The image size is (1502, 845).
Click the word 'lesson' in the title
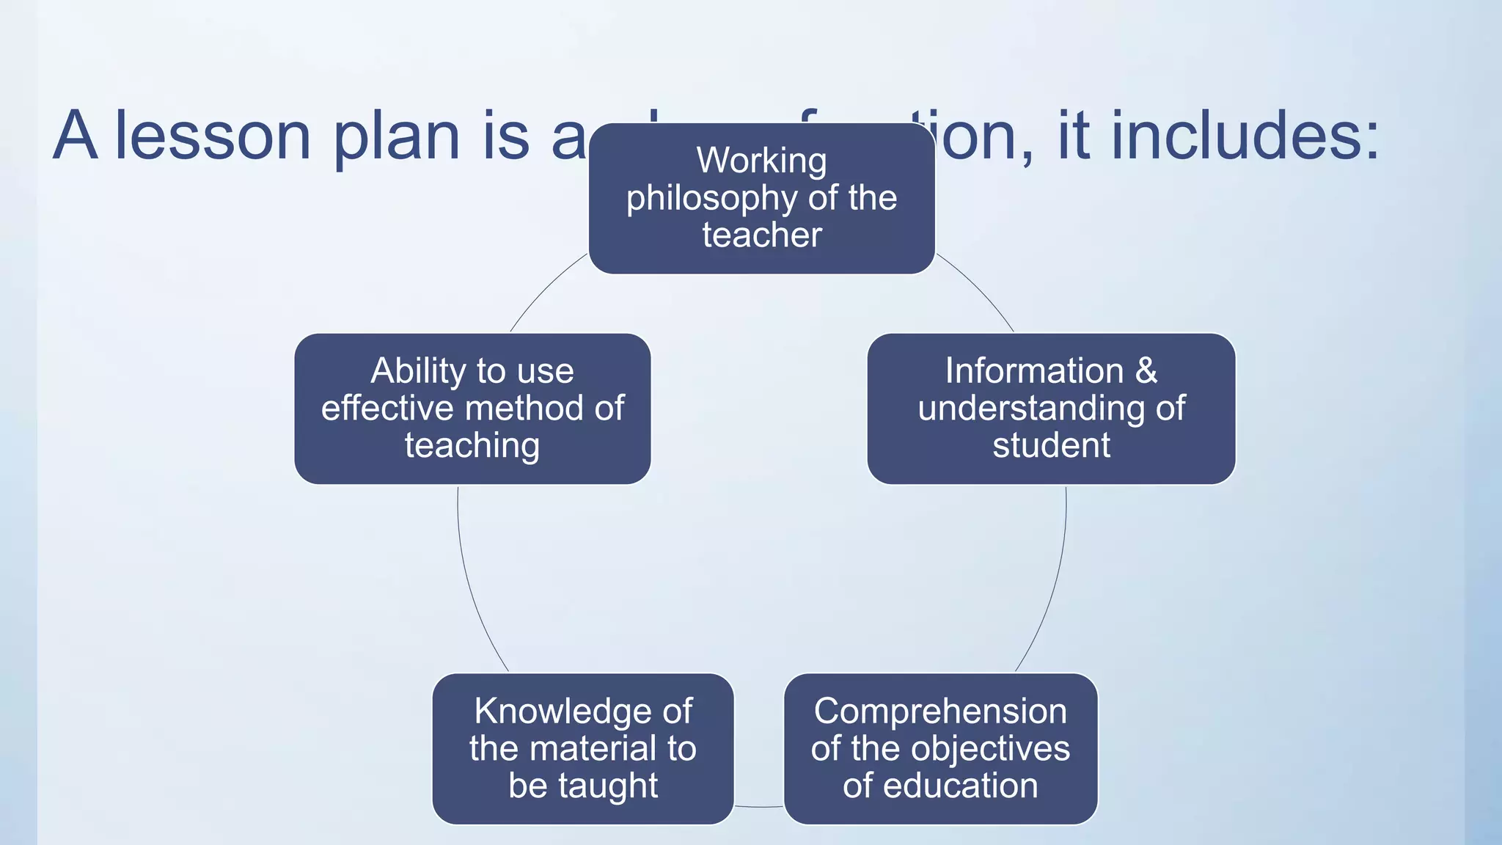[x=213, y=136]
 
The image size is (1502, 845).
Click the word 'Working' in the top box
[x=761, y=161]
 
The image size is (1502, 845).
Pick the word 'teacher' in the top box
[x=762, y=235]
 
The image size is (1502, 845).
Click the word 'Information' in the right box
[x=1034, y=370]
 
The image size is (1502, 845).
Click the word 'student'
[x=1051, y=445]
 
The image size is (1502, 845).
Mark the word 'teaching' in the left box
[x=472, y=446]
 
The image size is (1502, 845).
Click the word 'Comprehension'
[x=940, y=712]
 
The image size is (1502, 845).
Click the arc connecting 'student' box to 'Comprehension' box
[x=1056, y=579]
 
